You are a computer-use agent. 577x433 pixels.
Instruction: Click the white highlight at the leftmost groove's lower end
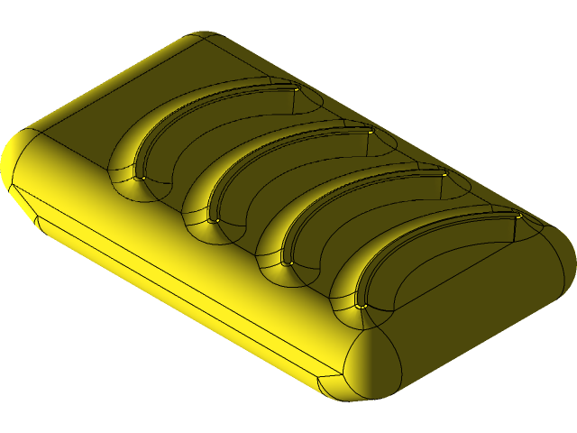[x=142, y=178]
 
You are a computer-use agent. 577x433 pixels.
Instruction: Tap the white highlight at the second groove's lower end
[x=215, y=221]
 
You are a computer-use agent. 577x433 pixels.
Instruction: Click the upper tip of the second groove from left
[x=371, y=132]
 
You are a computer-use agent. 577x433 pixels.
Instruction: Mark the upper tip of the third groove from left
[x=444, y=173]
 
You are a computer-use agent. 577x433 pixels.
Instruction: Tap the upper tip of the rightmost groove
[x=518, y=216]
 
